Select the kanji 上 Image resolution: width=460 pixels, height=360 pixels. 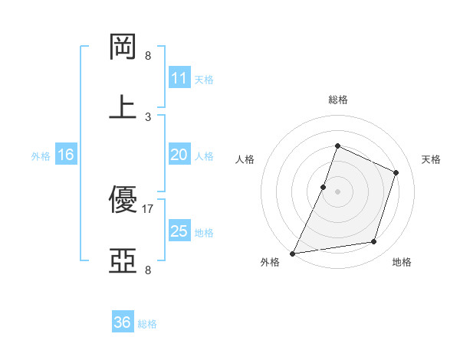[x=123, y=106]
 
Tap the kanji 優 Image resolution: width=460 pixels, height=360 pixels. [x=123, y=200]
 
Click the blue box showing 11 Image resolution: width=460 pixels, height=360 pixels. [x=179, y=78]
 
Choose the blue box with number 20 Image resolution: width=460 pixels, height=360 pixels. [x=179, y=155]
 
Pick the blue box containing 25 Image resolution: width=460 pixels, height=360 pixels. [x=179, y=231]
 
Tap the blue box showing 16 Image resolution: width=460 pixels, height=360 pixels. [x=66, y=155]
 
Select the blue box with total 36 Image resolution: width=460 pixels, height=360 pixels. [x=123, y=322]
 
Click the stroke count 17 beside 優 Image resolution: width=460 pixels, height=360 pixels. [x=148, y=208]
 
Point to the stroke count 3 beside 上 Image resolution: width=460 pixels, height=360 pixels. [x=148, y=116]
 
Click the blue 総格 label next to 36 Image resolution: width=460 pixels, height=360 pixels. [x=147, y=324]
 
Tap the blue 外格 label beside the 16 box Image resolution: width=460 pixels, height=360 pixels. [x=41, y=156]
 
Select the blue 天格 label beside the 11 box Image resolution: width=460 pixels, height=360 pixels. [x=204, y=80]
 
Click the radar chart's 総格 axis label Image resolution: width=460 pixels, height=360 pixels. [x=337, y=100]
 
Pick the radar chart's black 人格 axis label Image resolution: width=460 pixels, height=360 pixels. [x=245, y=159]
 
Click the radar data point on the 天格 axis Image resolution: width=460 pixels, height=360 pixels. [x=396, y=172]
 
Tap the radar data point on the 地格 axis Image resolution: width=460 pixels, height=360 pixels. [x=374, y=242]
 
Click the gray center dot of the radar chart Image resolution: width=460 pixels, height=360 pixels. [x=337, y=191]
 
